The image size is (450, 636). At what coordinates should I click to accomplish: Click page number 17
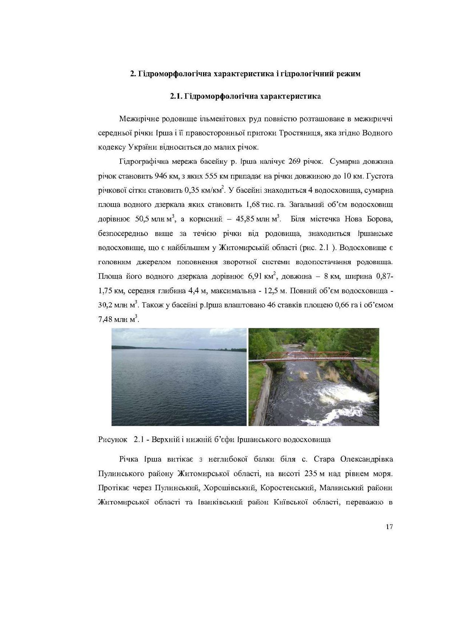(389, 527)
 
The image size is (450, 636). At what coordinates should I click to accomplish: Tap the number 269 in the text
(294, 162)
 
